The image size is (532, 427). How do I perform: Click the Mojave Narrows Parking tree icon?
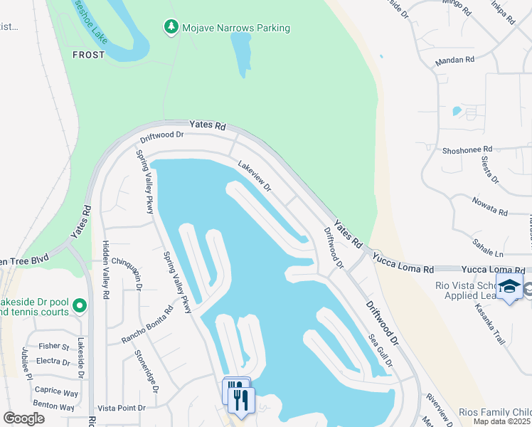(171, 28)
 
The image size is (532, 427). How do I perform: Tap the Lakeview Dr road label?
(255, 175)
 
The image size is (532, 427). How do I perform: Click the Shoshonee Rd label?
(467, 149)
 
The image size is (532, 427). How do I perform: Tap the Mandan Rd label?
(454, 60)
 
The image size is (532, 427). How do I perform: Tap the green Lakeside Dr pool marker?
(80, 306)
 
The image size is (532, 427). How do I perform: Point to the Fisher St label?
(54, 347)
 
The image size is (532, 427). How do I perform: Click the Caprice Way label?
(57, 392)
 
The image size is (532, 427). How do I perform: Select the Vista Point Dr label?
(121, 408)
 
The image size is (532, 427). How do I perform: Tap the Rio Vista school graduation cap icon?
(509, 288)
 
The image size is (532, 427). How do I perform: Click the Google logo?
(23, 418)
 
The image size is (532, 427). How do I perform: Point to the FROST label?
(88, 54)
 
